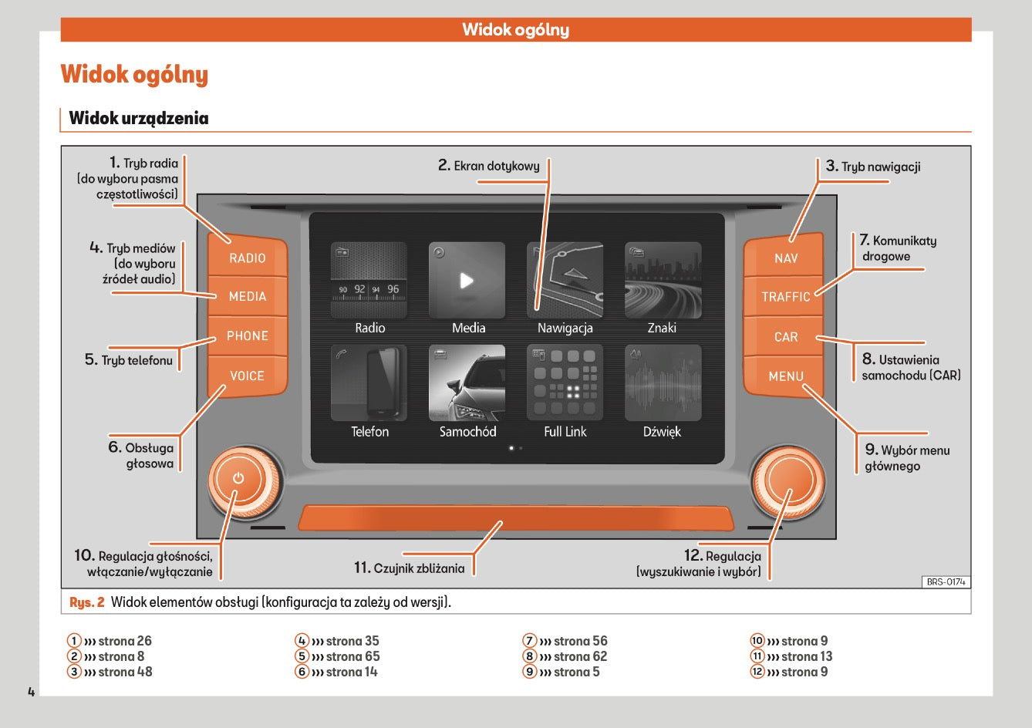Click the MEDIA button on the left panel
[x=248, y=296]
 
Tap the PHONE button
[x=248, y=336]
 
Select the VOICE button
[x=247, y=376]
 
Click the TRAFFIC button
[x=785, y=297]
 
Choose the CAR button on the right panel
[x=785, y=337]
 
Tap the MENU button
[x=785, y=376]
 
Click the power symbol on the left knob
[x=238, y=478]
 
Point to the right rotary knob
[x=787, y=483]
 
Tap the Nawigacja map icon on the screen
[x=565, y=280]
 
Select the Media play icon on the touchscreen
[x=467, y=280]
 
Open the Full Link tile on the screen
[x=565, y=383]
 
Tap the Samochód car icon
[x=467, y=383]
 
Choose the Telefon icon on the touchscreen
[x=369, y=383]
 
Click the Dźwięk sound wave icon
[x=663, y=383]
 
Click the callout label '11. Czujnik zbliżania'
[x=410, y=568]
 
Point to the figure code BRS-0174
[x=946, y=582]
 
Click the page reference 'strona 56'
[x=580, y=641]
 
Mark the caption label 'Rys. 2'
[x=86, y=602]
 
